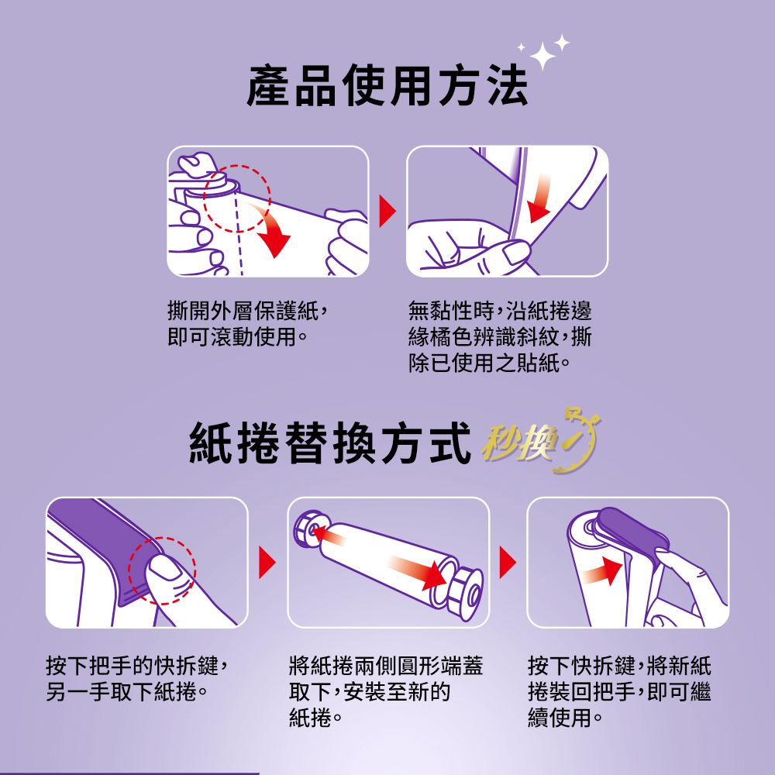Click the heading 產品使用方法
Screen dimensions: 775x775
click(387, 85)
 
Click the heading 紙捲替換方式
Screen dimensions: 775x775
click(329, 443)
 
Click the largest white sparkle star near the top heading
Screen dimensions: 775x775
click(542, 56)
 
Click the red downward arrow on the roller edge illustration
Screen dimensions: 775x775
click(540, 198)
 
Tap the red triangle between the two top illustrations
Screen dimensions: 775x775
click(387, 211)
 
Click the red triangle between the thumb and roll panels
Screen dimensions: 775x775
click(267, 563)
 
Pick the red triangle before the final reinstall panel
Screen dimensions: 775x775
click(508, 563)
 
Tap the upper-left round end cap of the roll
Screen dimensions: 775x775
click(312, 529)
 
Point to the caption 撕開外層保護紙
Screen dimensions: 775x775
click(243, 311)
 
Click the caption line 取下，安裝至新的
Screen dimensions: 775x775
click(369, 691)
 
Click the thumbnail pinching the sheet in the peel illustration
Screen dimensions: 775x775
click(515, 253)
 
